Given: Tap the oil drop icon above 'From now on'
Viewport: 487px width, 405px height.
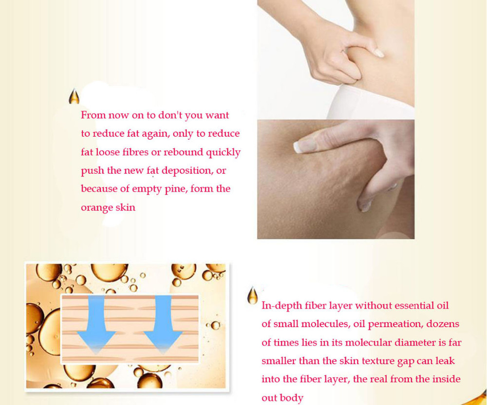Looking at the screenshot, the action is (x=74, y=96).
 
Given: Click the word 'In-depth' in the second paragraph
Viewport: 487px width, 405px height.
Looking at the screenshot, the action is (x=281, y=306).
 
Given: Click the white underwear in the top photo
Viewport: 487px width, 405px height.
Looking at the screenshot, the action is (x=370, y=102).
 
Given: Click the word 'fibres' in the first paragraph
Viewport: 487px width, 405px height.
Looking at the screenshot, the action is (x=135, y=152).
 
